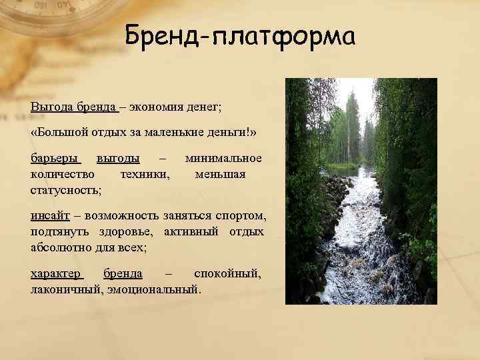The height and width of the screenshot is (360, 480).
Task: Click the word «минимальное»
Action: pos(224,159)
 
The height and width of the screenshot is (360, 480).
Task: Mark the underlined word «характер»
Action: pos(56,274)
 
